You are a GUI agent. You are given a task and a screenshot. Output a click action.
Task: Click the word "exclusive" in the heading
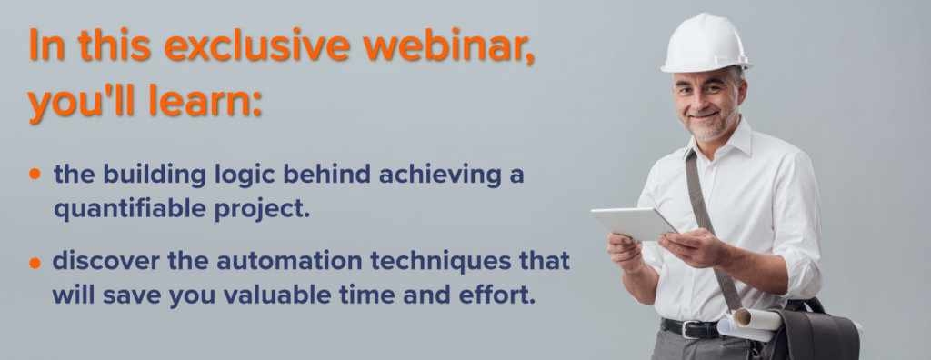(x=257, y=46)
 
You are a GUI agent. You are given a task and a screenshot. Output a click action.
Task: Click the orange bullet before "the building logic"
(x=35, y=174)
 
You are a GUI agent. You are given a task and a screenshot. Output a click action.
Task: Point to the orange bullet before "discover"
(x=35, y=262)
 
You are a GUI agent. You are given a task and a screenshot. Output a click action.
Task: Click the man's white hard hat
(x=706, y=43)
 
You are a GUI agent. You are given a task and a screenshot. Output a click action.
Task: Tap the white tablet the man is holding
(x=634, y=223)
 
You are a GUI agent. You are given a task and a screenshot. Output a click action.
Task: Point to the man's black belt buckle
(x=689, y=328)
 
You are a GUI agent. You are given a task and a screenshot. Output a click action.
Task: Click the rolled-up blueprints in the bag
(x=749, y=323)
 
